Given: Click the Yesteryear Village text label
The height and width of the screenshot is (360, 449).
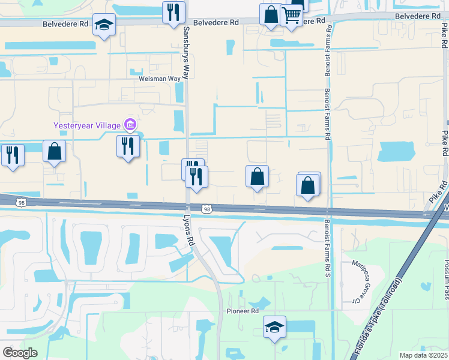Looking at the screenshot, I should [x=87, y=125].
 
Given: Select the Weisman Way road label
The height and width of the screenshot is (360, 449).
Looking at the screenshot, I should [x=160, y=79].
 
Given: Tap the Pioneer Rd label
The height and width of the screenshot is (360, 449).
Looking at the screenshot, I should [x=242, y=311].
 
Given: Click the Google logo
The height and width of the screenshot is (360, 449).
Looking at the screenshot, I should [x=20, y=352].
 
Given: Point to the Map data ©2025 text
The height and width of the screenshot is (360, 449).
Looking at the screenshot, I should [x=423, y=355].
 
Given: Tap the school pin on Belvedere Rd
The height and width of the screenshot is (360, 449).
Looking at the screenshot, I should [x=104, y=25].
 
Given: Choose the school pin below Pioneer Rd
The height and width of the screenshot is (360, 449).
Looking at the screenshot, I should [x=274, y=327].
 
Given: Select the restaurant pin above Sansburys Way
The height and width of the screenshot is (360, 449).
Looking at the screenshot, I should [x=174, y=12].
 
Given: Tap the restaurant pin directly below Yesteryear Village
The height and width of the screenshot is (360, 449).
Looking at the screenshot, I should [x=128, y=146].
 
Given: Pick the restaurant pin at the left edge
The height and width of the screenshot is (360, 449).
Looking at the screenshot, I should [x=12, y=155].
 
